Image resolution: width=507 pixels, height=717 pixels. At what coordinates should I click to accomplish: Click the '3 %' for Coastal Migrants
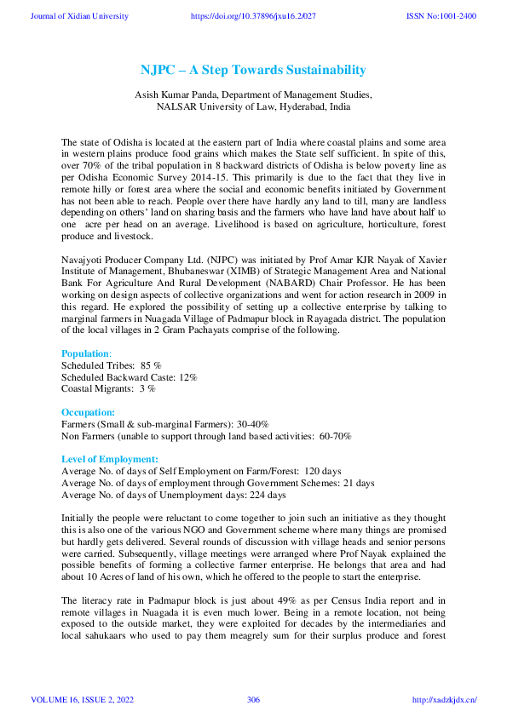147,388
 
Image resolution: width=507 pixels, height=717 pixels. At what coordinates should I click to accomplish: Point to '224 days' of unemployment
267,495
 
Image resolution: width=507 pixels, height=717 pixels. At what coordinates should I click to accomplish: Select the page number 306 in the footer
253,699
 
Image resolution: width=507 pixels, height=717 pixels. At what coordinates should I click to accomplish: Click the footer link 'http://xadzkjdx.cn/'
444,699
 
